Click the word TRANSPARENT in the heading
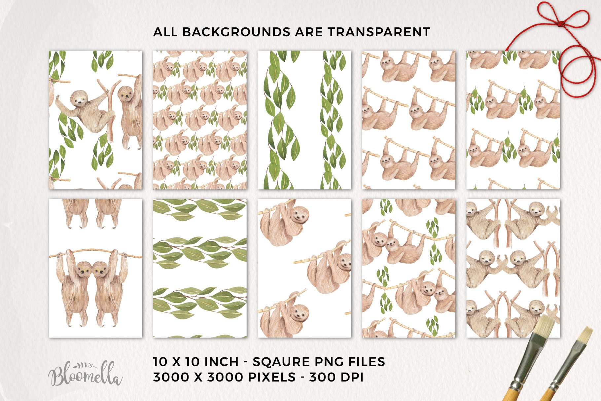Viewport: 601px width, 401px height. coord(379,32)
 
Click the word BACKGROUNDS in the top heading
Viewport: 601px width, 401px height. coord(236,32)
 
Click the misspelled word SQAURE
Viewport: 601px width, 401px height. coord(281,362)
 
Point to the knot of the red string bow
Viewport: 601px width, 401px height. coord(559,23)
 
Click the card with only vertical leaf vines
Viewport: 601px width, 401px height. coord(304,120)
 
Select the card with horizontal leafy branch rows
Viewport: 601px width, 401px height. coord(200,268)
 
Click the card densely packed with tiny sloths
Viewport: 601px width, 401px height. coord(200,120)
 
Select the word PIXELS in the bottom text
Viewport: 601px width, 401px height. coord(271,377)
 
